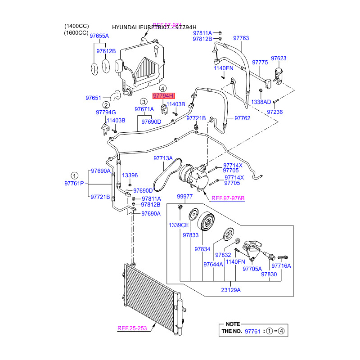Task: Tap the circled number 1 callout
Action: click(75, 175)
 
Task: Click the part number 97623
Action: click(278, 58)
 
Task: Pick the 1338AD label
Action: click(261, 102)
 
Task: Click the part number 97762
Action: click(243, 118)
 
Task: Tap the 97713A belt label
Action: click(163, 158)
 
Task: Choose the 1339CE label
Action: click(179, 225)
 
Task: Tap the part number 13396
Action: click(130, 175)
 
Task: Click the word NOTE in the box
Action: click(233, 324)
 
